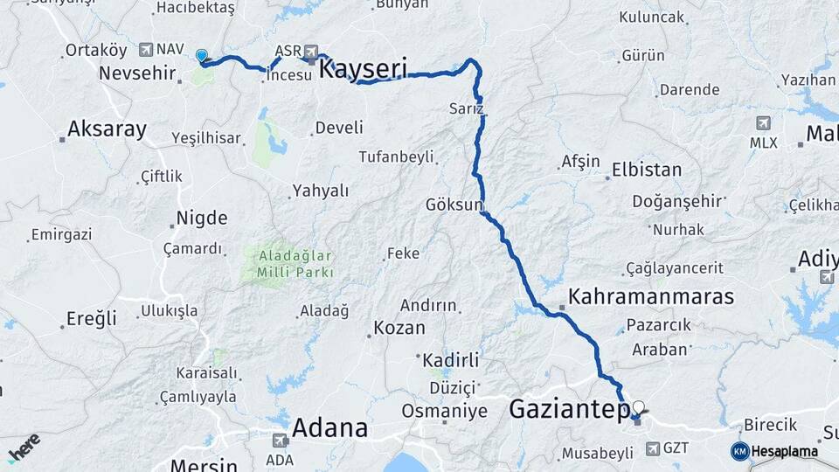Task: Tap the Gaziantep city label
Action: (x=569, y=408)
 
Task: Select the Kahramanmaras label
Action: (x=651, y=296)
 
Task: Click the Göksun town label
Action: (x=454, y=205)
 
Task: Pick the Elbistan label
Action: (x=647, y=169)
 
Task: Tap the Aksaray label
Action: (x=107, y=129)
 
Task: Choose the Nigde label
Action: (x=201, y=218)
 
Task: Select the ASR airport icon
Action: (x=310, y=52)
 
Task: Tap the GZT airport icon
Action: (x=653, y=448)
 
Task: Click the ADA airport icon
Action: (x=280, y=441)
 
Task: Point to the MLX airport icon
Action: (x=764, y=123)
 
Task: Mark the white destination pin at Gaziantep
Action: (x=639, y=407)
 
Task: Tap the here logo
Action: (x=24, y=447)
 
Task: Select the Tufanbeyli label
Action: (x=396, y=156)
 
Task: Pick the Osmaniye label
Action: (x=444, y=410)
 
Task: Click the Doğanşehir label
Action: (x=678, y=201)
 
